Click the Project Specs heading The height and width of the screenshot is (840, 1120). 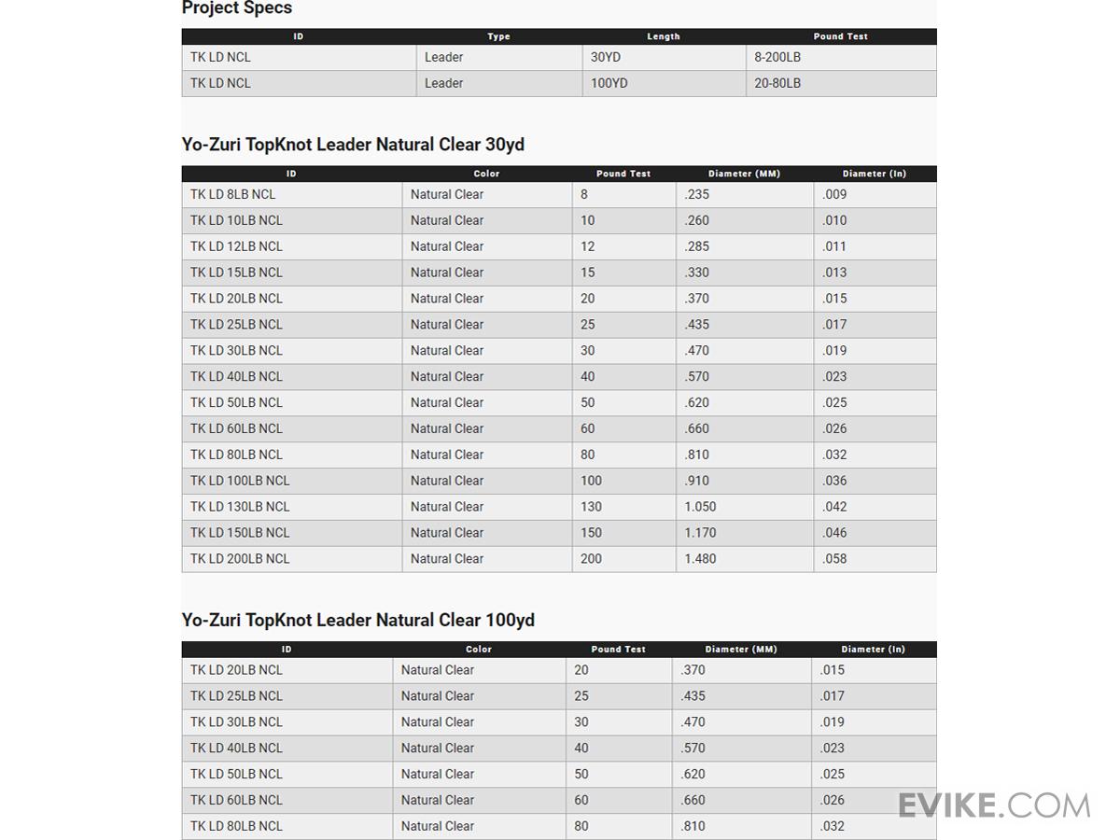pos(237,8)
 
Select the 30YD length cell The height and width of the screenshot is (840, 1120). pos(606,57)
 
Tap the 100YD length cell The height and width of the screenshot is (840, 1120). pos(609,83)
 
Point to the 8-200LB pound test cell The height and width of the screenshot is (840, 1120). pos(777,57)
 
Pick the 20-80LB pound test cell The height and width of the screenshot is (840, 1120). pos(777,83)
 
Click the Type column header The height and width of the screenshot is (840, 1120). pos(498,36)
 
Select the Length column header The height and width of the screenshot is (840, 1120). pos(663,36)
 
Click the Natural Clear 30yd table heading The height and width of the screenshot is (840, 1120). pos(353,145)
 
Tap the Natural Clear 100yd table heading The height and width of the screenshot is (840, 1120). pos(357,621)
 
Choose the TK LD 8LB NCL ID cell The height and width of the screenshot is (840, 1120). pos(233,194)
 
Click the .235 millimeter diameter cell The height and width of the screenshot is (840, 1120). pos(696,194)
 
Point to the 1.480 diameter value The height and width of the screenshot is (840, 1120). pos(700,558)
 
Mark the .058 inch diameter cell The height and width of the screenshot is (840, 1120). pos(835,558)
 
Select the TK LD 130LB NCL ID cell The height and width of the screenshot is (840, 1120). pos(240,507)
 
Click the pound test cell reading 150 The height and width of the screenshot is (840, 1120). pos(591,533)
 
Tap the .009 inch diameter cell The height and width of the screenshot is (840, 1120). pos(835,194)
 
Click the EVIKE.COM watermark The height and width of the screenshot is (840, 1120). pos(994,805)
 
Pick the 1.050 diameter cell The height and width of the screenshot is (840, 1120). pos(700,507)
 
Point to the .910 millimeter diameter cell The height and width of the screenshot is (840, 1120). pos(696,481)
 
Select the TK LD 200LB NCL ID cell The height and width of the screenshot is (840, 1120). pos(240,558)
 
